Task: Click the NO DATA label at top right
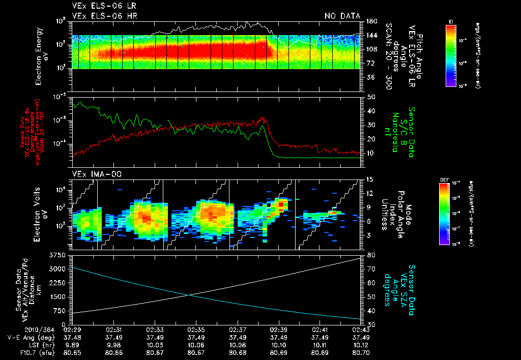tap(342, 16)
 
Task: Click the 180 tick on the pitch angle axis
tap(371, 21)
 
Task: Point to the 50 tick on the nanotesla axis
tap(371, 97)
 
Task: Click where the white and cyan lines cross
tap(189, 295)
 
